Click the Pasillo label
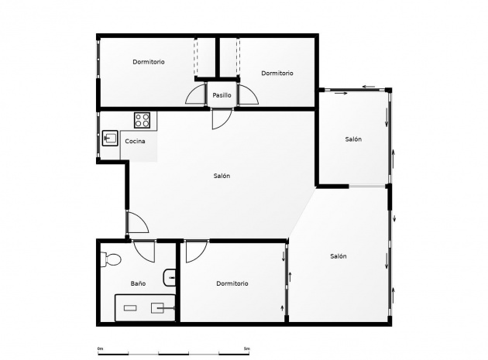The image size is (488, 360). (222, 95)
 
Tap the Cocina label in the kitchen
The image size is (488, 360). (135, 141)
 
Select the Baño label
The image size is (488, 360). (138, 283)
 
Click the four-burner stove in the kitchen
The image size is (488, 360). (143, 120)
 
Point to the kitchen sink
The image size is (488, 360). (111, 139)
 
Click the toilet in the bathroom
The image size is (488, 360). (110, 259)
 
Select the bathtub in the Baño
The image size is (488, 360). (145, 307)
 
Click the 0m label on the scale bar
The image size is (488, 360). (100, 348)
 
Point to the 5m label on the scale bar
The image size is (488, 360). (247, 348)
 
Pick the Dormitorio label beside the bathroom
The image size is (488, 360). (232, 283)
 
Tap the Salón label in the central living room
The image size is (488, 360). (222, 176)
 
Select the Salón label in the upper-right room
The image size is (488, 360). (353, 139)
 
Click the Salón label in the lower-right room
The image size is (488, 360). (338, 256)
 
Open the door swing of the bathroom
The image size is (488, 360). (143, 252)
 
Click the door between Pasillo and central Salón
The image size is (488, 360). (220, 118)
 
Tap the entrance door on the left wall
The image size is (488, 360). (136, 224)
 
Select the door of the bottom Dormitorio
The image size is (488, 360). (194, 250)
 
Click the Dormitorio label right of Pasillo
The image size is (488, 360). (277, 74)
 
